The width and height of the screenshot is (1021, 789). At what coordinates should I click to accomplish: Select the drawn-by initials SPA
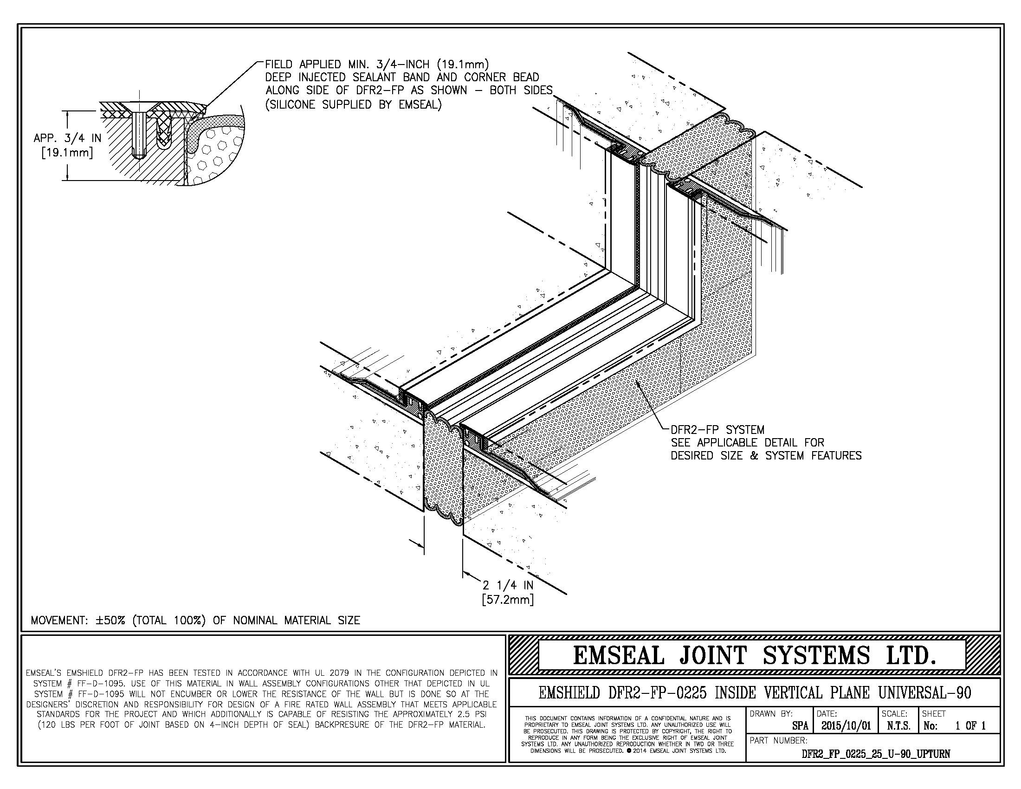point(801,726)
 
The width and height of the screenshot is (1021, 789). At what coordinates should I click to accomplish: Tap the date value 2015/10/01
point(846,726)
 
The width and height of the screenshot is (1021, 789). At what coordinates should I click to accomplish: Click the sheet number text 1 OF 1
point(970,726)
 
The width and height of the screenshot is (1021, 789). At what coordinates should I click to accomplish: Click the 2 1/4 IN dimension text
point(508,585)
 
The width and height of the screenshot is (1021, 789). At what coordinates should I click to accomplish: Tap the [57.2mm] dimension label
point(508,599)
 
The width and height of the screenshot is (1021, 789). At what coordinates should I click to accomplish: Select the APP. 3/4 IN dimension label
point(67,138)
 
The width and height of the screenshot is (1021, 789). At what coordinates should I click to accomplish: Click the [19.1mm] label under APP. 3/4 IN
point(67,153)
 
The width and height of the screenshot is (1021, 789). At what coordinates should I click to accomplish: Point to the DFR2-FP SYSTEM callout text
point(717,430)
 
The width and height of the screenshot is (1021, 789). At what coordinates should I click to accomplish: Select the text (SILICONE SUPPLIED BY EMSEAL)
point(354,105)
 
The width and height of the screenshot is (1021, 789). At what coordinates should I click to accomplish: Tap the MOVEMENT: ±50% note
point(195,620)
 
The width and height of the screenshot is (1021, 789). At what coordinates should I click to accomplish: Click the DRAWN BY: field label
point(771,714)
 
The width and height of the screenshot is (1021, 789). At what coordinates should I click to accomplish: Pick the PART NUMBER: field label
point(778,740)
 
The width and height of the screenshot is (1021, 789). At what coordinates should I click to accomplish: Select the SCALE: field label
point(894,714)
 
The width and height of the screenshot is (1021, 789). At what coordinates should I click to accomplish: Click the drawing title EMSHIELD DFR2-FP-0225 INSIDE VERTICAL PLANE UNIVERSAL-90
point(755,693)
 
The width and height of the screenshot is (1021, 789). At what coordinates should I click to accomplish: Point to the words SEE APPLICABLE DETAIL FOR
point(748,442)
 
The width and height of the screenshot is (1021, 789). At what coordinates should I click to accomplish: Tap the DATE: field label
point(827,714)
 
